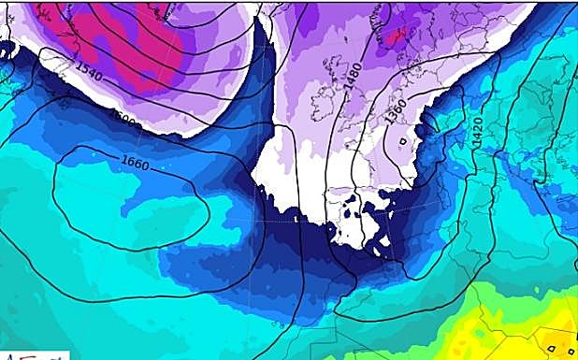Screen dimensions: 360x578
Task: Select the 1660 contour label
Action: pos(135,162)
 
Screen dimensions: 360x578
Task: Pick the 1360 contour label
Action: pos(395,112)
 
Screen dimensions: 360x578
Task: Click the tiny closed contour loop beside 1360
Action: pos(403,141)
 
